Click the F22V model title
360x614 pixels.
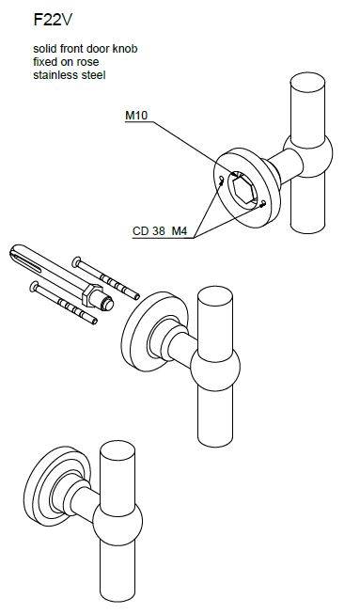(53, 20)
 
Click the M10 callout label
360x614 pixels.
(136, 116)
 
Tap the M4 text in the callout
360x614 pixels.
(180, 231)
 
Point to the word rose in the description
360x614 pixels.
(88, 62)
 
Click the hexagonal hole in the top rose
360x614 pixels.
(243, 190)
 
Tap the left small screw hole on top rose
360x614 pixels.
(222, 181)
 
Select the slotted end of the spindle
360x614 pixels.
(24, 260)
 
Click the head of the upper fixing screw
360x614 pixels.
(77, 261)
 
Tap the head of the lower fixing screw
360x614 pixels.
(34, 287)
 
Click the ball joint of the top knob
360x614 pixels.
(308, 156)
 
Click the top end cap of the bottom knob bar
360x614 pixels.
(117, 450)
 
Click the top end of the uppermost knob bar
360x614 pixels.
(307, 83)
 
